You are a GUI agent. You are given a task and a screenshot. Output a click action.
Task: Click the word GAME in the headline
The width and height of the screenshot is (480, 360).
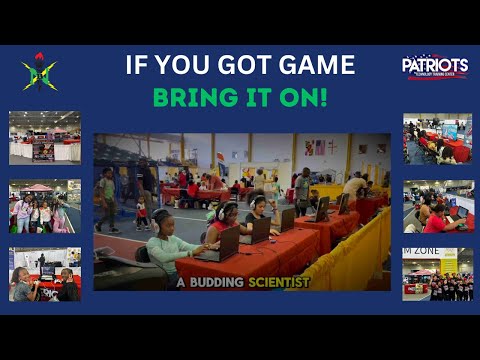[316, 66]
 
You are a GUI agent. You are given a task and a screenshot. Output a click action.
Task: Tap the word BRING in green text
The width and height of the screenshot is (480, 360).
[188, 98]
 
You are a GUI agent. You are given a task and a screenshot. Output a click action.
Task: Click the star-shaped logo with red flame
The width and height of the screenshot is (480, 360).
[39, 71]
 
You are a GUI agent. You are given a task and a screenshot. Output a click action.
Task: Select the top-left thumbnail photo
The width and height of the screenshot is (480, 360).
[45, 137]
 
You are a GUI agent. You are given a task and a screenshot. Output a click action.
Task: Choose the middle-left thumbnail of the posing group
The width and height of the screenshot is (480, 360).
[45, 206]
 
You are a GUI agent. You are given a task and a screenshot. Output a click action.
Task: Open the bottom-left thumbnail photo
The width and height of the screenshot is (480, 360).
[45, 274]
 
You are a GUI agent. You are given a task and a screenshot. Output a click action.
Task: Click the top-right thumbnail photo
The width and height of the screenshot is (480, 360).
[437, 138]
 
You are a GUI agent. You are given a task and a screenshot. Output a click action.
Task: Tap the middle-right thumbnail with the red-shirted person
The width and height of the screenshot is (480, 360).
[437, 206]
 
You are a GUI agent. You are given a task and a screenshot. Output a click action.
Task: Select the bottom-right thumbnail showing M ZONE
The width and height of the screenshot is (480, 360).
[437, 274]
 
